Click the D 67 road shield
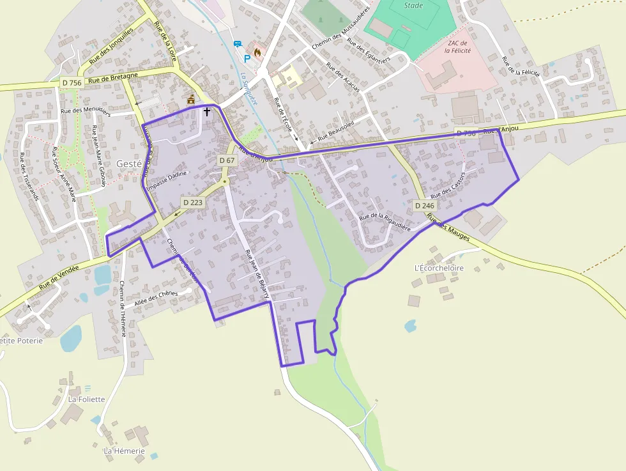(x=227, y=160)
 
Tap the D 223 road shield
(x=192, y=202)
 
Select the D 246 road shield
(x=424, y=206)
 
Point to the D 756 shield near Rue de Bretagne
(x=72, y=83)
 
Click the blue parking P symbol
(x=247, y=58)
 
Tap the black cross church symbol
(x=206, y=111)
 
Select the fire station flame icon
(x=257, y=51)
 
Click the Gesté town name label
(x=128, y=164)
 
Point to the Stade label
(x=414, y=6)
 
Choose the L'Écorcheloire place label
(x=439, y=268)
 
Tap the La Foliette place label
(x=86, y=399)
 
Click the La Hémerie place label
(x=125, y=451)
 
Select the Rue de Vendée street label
(x=59, y=278)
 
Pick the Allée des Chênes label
(x=156, y=298)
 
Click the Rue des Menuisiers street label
(x=85, y=111)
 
